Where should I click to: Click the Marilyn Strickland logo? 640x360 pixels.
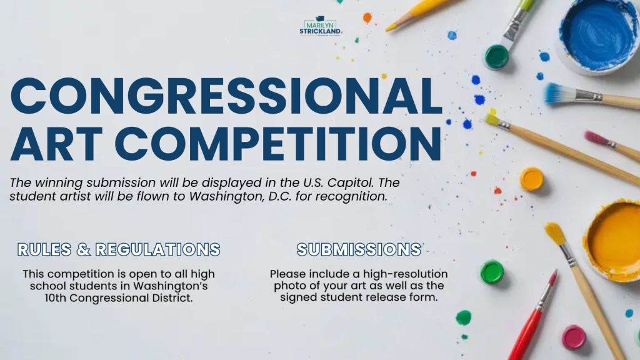(321, 26)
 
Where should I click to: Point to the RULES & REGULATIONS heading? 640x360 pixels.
(119, 249)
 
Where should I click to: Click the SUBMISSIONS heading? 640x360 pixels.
(359, 249)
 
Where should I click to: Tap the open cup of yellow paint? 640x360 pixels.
(614, 241)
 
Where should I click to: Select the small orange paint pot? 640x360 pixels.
(532, 179)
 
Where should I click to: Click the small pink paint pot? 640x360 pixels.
(574, 337)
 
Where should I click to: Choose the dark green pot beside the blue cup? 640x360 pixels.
(497, 57)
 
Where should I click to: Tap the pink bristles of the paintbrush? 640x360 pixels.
(596, 138)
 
